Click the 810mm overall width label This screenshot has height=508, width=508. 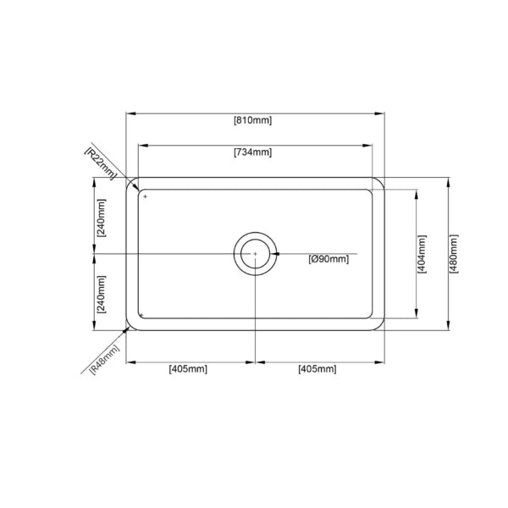[x=252, y=120]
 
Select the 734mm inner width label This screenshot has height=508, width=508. [x=252, y=152]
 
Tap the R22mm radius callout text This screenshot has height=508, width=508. [x=100, y=159]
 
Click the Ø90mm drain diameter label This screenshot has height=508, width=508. [x=329, y=259]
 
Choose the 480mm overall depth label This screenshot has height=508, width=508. [x=454, y=253]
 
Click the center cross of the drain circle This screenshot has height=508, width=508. [x=254, y=253]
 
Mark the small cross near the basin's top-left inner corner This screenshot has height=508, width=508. [x=145, y=196]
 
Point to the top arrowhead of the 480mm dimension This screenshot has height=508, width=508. [x=447, y=181]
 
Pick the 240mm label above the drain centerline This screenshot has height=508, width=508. [x=102, y=217]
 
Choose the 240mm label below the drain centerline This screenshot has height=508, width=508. [x=102, y=294]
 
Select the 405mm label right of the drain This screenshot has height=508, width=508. [x=317, y=369]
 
